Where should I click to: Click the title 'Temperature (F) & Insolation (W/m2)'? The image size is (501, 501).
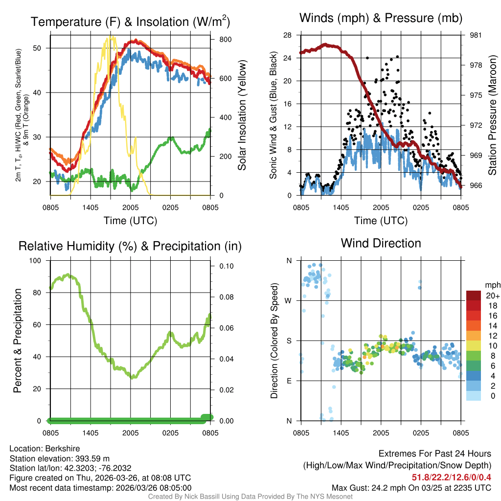130,22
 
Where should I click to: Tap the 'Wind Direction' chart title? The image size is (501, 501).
381,243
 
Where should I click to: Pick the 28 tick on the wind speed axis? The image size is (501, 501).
288,35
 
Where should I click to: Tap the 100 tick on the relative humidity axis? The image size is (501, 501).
38,261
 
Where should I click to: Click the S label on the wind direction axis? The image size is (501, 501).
289,341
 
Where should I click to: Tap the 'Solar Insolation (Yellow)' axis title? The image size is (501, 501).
242,115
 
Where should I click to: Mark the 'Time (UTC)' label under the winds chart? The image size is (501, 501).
381,221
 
